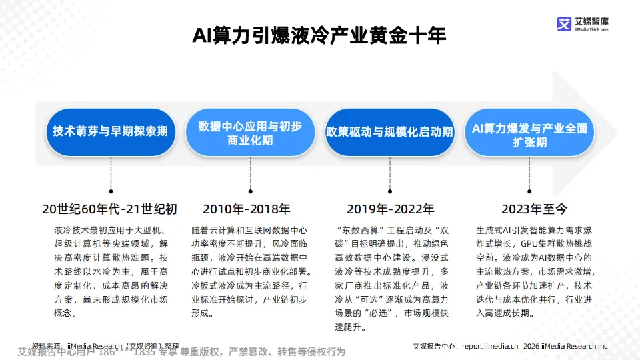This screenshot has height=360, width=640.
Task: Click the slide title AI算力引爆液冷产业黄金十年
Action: pos(319,35)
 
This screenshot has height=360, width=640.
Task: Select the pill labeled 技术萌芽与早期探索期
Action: pos(111,131)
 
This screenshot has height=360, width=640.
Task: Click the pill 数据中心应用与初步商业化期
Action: pos(250,132)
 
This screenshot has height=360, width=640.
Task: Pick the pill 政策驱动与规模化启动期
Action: pos(389,131)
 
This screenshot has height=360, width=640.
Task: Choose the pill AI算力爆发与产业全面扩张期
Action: pos(529,132)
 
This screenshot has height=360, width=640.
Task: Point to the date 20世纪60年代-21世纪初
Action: pos(110,209)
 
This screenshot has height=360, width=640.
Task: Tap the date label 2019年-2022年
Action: pos(391,209)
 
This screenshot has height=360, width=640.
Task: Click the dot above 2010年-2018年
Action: pos(249,189)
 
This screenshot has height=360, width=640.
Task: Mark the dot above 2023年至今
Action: pos(529,189)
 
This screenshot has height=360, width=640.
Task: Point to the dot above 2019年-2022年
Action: pos(389,189)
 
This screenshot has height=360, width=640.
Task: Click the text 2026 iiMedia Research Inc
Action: pos(565,346)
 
